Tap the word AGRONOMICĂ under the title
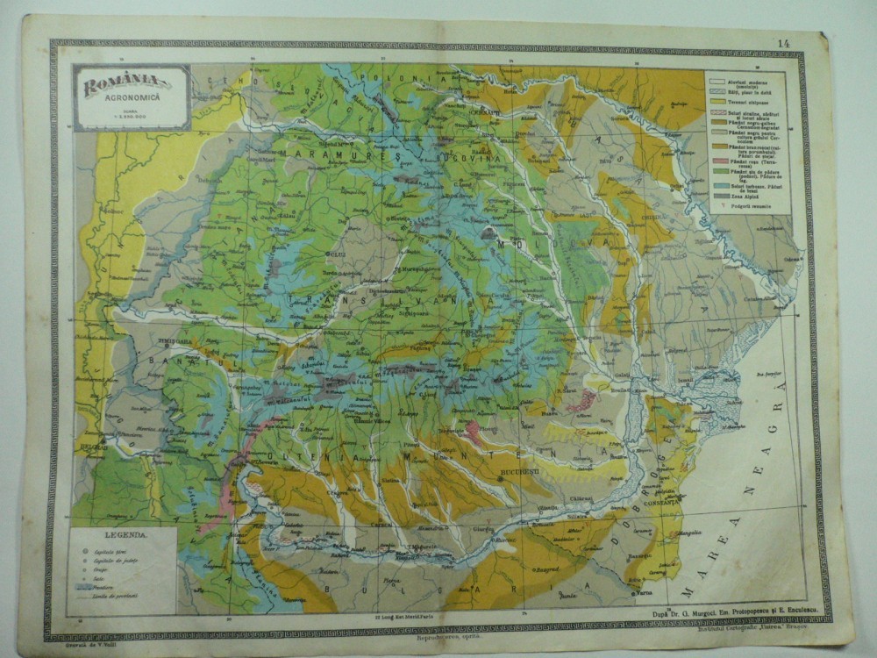pos(132,101)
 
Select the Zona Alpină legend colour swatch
pos(717,195)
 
